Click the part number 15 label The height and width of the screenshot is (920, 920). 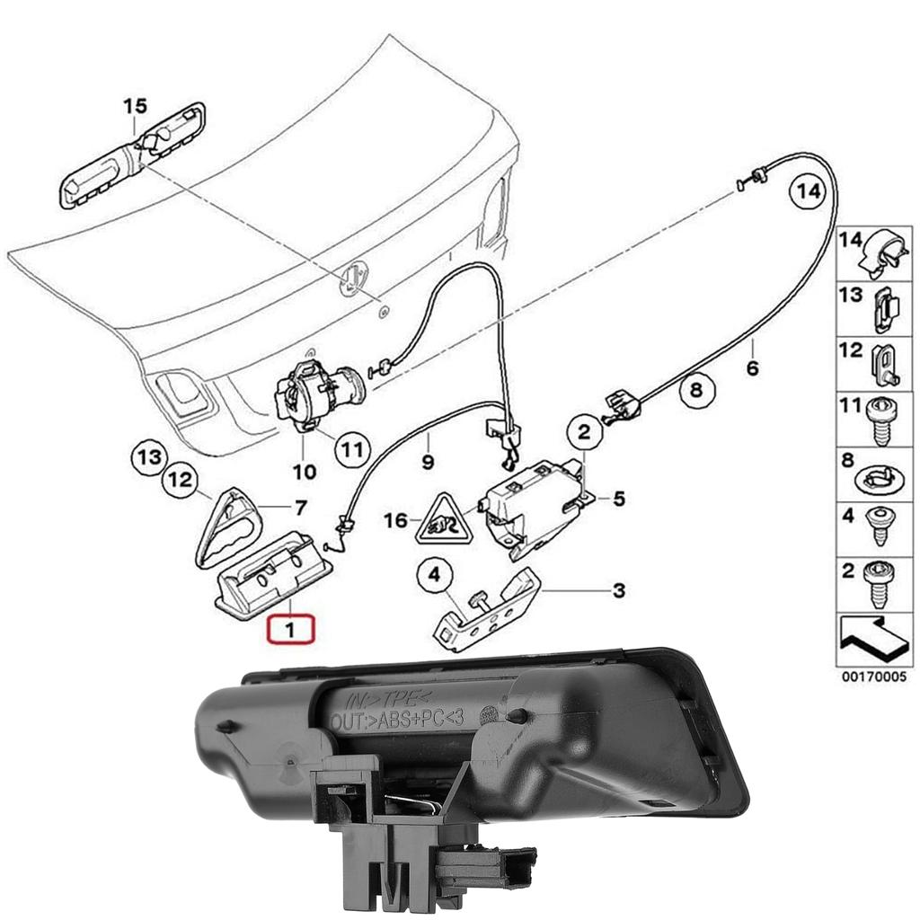click(x=134, y=107)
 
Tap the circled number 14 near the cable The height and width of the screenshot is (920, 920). click(x=806, y=191)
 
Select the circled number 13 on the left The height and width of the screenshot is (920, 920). click(x=149, y=458)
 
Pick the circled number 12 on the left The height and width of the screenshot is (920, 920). click(x=181, y=482)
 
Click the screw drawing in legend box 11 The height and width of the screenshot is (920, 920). click(x=881, y=420)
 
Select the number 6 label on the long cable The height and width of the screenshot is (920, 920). click(x=753, y=368)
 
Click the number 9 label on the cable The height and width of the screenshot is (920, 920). click(x=429, y=464)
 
